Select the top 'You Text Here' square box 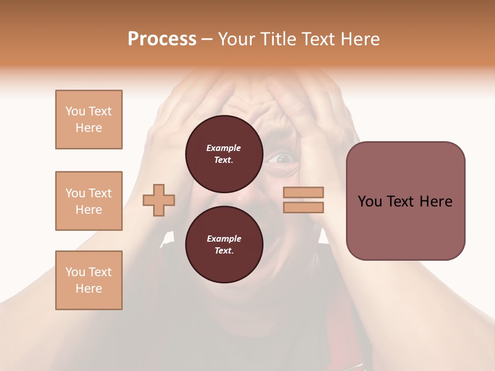(89, 120)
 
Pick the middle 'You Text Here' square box (89, 201)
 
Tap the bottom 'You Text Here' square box (89, 280)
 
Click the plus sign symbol (159, 200)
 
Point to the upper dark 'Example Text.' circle (224, 154)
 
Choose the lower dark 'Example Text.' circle (224, 245)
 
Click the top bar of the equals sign (303, 192)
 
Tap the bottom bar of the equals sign (303, 208)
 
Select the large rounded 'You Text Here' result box (405, 201)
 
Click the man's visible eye (282, 158)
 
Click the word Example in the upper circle (224, 148)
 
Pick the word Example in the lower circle (224, 239)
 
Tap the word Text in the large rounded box (400, 201)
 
